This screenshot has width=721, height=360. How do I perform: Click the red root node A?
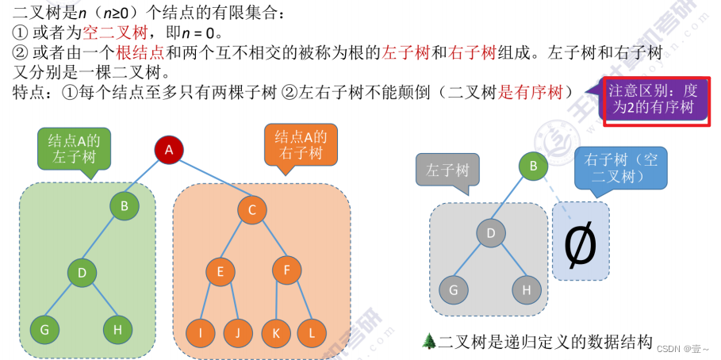coord(168,148)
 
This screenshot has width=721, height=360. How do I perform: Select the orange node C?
coord(251,209)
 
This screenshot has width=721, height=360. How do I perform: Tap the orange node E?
coord(221,271)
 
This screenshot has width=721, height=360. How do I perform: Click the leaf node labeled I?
coord(201,333)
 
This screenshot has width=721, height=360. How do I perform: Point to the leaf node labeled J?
coord(237,333)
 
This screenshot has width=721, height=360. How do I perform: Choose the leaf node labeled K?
coord(275,333)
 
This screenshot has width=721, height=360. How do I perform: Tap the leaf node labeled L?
coord(311,333)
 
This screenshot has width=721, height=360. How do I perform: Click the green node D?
coord(82,274)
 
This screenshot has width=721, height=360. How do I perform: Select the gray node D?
coord(491,233)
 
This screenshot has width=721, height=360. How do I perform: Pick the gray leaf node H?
coord(526,289)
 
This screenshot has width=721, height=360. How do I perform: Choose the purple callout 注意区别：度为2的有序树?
coord(654,99)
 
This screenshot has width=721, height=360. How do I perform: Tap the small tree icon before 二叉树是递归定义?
coord(429,341)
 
